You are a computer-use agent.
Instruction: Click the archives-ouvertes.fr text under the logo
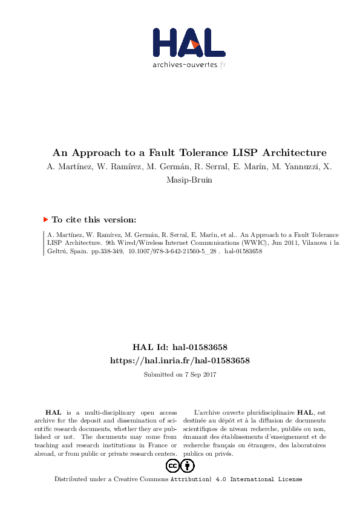[189, 65]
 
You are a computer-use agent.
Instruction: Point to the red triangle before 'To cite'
[45, 220]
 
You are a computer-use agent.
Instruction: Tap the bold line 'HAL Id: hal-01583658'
[180, 348]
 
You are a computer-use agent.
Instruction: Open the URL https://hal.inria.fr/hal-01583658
[180, 360]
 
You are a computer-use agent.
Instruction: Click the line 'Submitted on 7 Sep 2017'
[180, 375]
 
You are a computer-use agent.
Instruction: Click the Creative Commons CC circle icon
[173, 465]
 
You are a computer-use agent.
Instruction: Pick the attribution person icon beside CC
[188, 465]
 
